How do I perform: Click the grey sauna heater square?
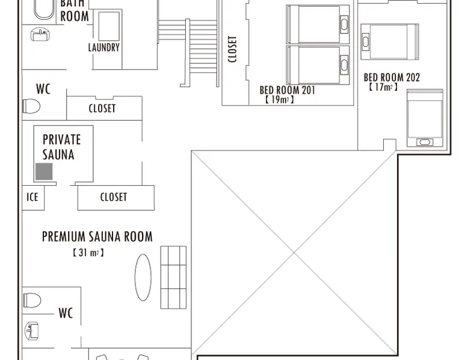(x=44, y=171)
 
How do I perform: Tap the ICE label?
(x=32, y=197)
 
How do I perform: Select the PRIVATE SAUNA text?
(x=61, y=147)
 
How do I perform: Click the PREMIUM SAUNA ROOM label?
(x=97, y=237)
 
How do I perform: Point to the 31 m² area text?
(x=88, y=253)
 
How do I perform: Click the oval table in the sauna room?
(x=143, y=278)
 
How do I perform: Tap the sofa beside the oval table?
(x=173, y=278)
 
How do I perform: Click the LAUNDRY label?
(x=104, y=47)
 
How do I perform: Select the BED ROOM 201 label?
(x=287, y=90)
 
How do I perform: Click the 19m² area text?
(x=279, y=100)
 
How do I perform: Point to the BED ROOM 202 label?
(x=392, y=78)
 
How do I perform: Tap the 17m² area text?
(x=383, y=87)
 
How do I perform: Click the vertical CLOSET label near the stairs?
(x=232, y=49)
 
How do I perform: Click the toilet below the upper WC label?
(x=31, y=106)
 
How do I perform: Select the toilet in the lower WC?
(x=32, y=300)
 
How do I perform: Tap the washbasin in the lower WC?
(x=32, y=331)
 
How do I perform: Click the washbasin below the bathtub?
(x=40, y=34)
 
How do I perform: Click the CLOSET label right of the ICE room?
(x=114, y=197)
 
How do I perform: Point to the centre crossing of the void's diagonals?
(x=294, y=253)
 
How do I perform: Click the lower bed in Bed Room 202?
(x=425, y=118)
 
